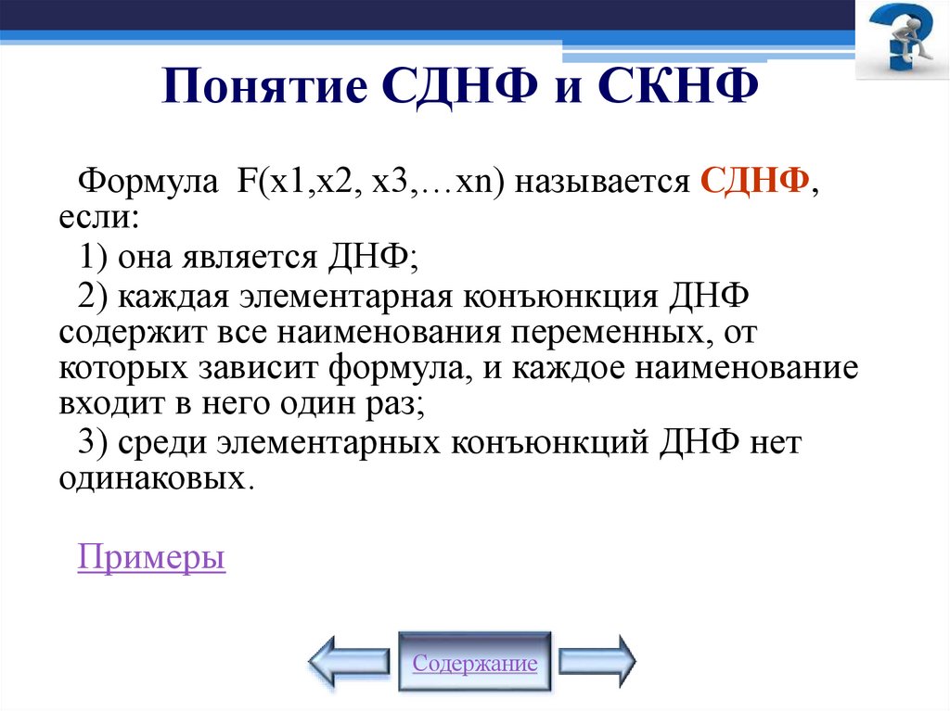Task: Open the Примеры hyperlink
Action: [x=151, y=558]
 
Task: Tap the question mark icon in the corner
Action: [x=901, y=40]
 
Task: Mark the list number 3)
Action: [x=95, y=443]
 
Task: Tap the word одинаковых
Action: [x=155, y=479]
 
